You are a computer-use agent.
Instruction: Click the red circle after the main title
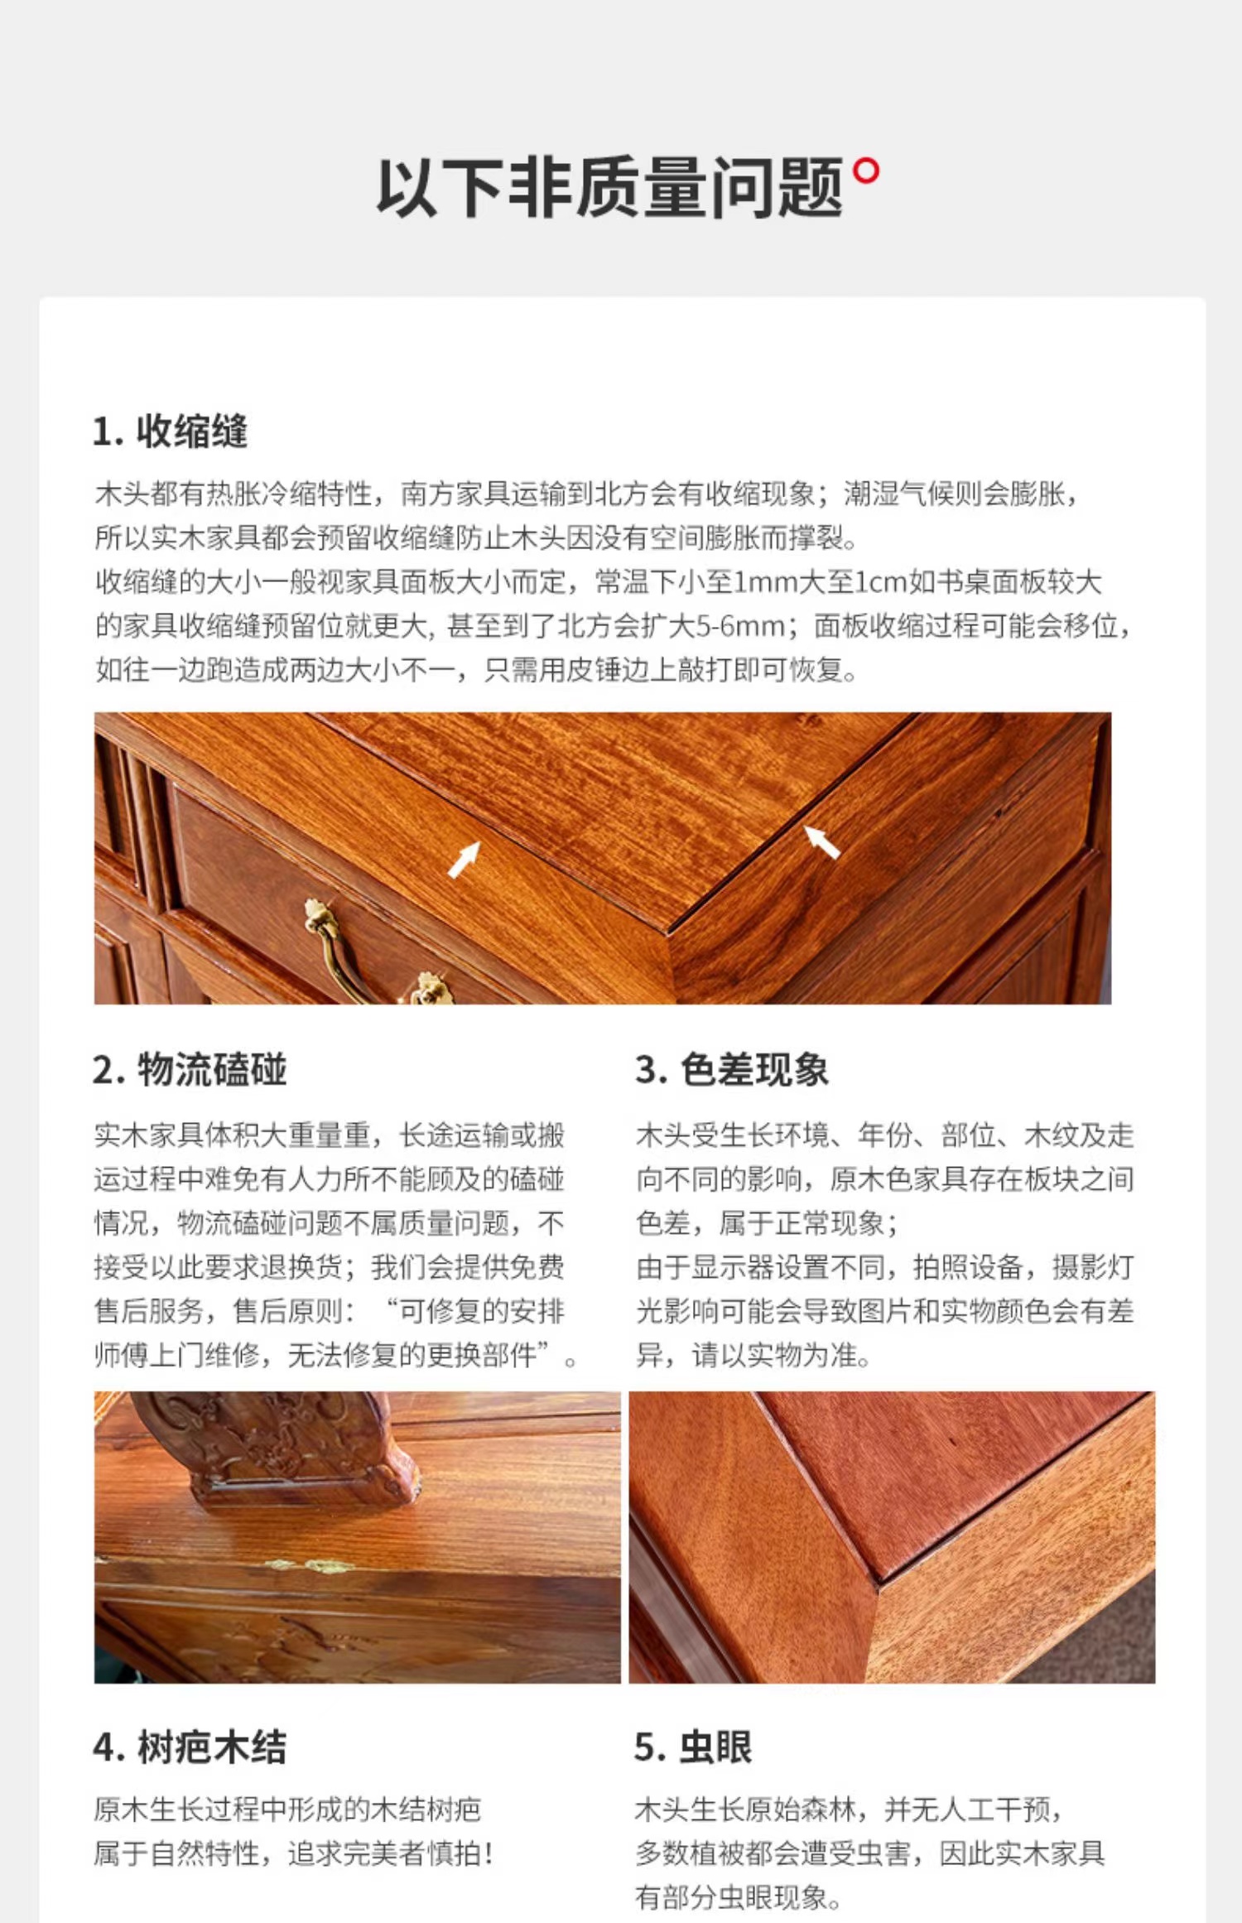[x=866, y=171]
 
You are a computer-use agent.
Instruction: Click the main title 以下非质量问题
[x=610, y=187]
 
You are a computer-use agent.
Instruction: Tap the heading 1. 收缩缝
[x=171, y=431]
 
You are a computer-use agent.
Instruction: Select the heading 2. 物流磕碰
[x=190, y=1069]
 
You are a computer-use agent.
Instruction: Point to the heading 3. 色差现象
[x=732, y=1069]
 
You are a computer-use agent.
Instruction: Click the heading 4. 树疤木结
[x=190, y=1747]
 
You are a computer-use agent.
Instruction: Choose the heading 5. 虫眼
[x=694, y=1747]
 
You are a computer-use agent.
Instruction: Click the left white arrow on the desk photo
[x=465, y=859]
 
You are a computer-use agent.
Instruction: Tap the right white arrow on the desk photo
[x=821, y=841]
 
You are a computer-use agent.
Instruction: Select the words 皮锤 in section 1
[x=567, y=670]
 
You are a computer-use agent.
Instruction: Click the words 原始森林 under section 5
[x=802, y=1810]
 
